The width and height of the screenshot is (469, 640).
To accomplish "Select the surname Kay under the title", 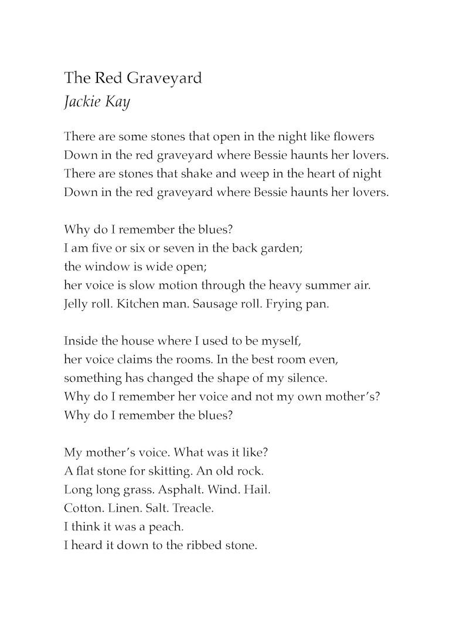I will pyautogui.click(x=118, y=101).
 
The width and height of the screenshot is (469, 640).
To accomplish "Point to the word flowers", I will pyautogui.click(x=352, y=137).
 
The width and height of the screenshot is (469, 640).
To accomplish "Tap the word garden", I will pyautogui.click(x=282, y=248).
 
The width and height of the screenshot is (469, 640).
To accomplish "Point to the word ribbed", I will pyautogui.click(x=204, y=545).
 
